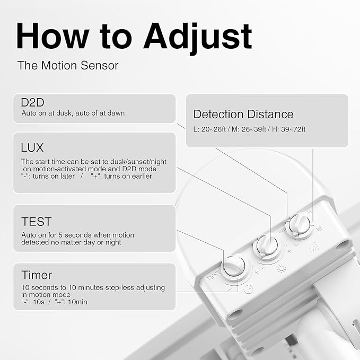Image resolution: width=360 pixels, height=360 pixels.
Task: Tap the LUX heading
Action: (32, 147)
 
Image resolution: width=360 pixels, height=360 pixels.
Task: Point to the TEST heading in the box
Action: (36, 221)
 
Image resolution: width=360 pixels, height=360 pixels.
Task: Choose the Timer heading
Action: (37, 275)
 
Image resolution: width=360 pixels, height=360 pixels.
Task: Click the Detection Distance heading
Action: (243, 114)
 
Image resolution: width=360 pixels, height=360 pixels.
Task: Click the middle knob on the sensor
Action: (265, 246)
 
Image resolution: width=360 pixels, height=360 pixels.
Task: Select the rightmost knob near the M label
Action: (298, 224)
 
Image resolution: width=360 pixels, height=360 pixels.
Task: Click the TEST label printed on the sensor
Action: (213, 276)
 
